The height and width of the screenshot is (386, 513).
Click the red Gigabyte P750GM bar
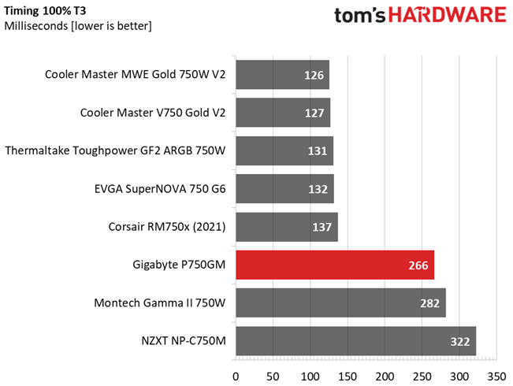(335, 265)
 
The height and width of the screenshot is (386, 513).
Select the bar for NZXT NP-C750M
(356, 341)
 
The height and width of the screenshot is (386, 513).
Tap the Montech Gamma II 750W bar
(341, 303)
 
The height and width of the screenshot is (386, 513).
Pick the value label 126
(314, 76)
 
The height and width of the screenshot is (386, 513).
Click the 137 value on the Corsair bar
(322, 227)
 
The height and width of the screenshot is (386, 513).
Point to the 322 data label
(460, 342)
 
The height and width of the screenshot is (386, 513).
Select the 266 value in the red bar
(418, 265)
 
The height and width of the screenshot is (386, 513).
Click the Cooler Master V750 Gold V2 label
(153, 113)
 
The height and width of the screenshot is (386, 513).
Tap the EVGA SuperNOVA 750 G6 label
(160, 189)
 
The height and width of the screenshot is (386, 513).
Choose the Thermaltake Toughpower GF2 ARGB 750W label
(115, 150)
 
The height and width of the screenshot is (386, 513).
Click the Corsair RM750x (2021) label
(167, 227)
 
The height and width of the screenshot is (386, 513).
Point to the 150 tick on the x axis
(348, 377)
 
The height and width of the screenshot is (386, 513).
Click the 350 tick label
(496, 377)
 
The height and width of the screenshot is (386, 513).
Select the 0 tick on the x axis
(236, 377)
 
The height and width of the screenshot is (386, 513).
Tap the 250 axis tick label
(422, 377)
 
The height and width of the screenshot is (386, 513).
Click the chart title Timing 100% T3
(45, 11)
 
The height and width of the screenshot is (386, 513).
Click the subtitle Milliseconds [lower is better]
(78, 26)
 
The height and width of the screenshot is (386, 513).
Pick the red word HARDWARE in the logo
(448, 15)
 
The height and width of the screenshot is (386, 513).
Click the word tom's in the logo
(360, 16)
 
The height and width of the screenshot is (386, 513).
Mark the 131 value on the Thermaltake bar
(318, 151)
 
